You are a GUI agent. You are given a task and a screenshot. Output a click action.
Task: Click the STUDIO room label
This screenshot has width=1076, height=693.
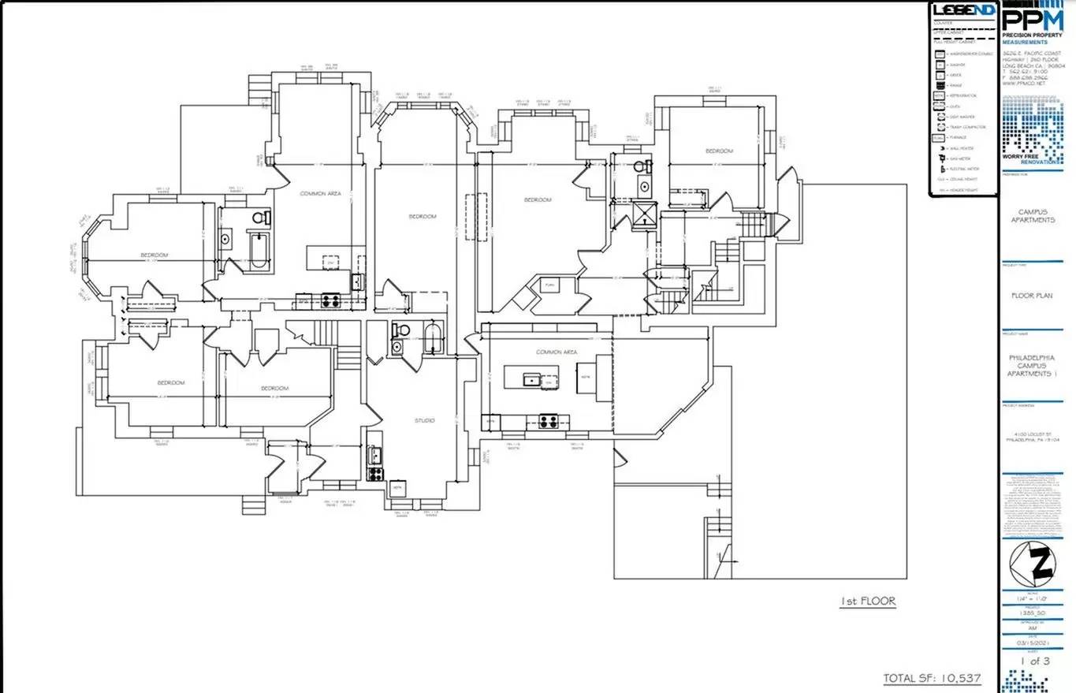click(425, 420)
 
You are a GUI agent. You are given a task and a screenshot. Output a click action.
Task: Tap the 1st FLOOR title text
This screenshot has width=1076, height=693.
click(867, 602)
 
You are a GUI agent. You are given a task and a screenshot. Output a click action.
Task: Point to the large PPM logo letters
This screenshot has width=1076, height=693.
click(1032, 20)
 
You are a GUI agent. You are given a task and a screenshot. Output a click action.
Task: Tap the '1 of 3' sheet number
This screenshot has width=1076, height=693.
click(1035, 661)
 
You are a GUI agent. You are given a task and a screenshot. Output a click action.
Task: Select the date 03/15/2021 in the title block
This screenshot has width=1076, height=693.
click(1035, 643)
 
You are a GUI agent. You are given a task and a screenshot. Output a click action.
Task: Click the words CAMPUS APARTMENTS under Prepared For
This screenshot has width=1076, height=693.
click(1036, 216)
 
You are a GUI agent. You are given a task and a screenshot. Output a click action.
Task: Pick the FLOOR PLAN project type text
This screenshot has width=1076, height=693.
click(1033, 296)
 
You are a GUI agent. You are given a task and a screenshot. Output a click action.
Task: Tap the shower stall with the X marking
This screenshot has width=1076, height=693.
click(645, 214)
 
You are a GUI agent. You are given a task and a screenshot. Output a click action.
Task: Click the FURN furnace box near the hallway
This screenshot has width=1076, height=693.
click(549, 285)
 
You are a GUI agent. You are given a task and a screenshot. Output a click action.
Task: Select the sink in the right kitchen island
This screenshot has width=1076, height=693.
click(534, 382)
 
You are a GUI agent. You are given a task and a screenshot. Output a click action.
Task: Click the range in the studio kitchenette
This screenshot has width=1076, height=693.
click(375, 474)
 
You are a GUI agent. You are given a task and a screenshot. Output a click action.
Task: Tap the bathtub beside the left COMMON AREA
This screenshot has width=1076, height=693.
click(258, 251)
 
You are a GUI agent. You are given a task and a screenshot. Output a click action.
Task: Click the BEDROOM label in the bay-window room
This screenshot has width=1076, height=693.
click(155, 255)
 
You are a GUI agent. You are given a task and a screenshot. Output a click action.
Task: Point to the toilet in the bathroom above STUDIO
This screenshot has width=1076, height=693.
click(400, 330)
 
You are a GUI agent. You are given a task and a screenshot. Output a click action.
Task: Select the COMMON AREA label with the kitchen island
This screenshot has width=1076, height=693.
click(557, 352)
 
